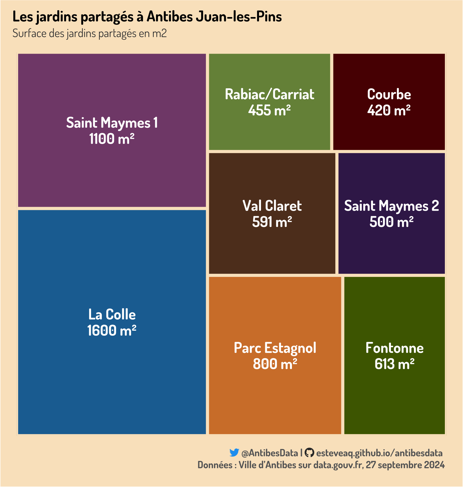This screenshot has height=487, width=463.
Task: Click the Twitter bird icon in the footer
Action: [234, 453]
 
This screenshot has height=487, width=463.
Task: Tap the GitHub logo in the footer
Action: [309, 453]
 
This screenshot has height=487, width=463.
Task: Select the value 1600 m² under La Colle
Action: [112, 331]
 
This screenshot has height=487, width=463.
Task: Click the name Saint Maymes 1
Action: [112, 123]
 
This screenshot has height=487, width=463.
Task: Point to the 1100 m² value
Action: [112, 139]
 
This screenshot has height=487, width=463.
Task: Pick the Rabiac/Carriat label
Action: [270, 94]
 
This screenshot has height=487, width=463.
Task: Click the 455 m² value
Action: [270, 110]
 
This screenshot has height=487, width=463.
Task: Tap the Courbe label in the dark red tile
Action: [389, 94]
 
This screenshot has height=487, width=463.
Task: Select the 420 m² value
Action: [389, 110]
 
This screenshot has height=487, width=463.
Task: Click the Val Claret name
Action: [272, 206]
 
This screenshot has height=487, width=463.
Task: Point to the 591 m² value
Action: [272, 222]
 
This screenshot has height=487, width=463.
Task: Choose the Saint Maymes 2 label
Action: [392, 206]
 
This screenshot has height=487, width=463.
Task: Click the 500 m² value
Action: [392, 222]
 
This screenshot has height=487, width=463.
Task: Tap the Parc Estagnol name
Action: [275, 348]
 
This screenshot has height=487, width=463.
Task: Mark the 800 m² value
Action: [275, 364]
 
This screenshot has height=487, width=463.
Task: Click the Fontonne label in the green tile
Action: [394, 348]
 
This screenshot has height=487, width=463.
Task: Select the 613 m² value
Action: [394, 364]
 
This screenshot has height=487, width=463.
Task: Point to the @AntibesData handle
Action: [270, 453]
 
